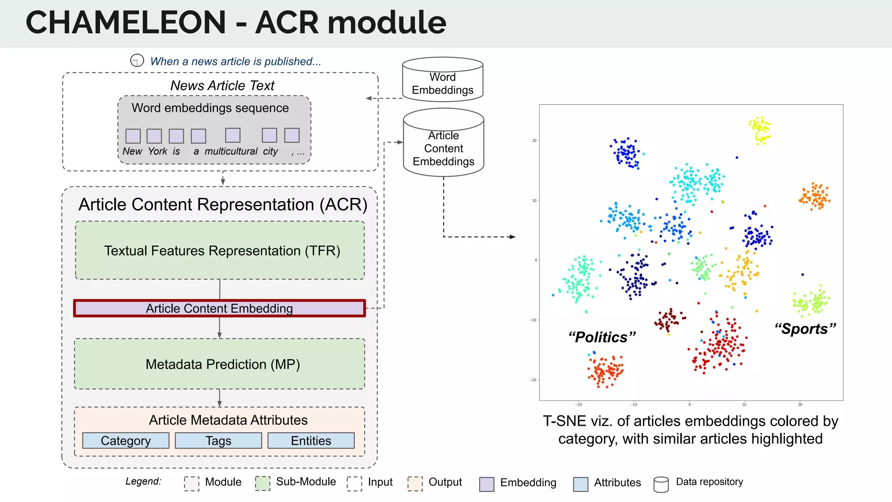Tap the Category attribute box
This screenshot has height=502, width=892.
pyautogui.click(x=125, y=441)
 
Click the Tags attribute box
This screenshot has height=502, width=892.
pyautogui.click(x=218, y=441)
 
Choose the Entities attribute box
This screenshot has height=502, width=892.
pyautogui.click(x=311, y=441)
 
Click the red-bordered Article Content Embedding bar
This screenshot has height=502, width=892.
pyautogui.click(x=220, y=308)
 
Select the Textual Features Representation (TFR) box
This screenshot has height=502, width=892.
pyautogui.click(x=220, y=251)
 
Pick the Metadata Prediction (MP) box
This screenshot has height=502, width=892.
pyautogui.click(x=220, y=364)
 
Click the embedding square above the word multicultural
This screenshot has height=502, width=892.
pyautogui.click(x=233, y=135)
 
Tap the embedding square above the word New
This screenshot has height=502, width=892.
pyautogui.click(x=133, y=136)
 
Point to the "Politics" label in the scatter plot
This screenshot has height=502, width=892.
pyautogui.click(x=602, y=337)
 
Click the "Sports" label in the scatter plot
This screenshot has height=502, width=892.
pyautogui.click(x=805, y=329)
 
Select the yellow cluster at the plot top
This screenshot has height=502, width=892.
pyautogui.click(x=760, y=130)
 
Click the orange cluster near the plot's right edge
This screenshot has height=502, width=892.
pyautogui.click(x=814, y=196)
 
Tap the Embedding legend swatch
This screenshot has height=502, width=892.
pyautogui.click(x=487, y=484)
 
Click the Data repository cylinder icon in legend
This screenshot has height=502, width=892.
pyautogui.click(x=661, y=484)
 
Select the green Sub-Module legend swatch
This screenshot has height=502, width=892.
pyautogui.click(x=262, y=483)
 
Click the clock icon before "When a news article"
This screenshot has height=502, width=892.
pyautogui.click(x=137, y=60)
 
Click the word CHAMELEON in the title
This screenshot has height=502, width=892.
pyautogui.click(x=125, y=23)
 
